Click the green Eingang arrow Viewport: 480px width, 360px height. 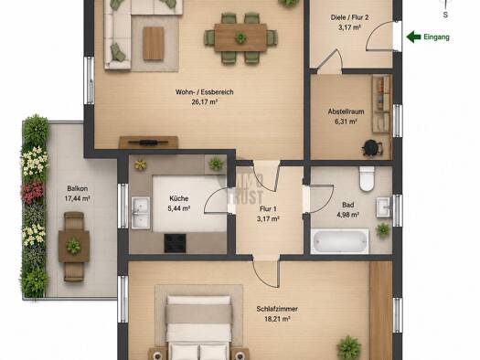point(413,37)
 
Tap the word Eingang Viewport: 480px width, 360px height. point(436,37)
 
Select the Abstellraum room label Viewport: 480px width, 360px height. point(346,111)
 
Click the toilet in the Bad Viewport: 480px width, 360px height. point(367,179)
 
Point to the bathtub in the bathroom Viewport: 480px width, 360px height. point(340,241)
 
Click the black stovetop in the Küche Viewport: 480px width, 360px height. point(176,243)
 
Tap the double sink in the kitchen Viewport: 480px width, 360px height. point(141,213)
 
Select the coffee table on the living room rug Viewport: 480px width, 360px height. point(153,44)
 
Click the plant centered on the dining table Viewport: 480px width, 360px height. point(240,37)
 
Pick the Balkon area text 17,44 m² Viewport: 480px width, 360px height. point(77,198)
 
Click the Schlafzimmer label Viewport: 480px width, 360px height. point(277,309)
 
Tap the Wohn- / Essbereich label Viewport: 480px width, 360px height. point(205,92)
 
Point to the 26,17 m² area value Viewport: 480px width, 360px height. point(205,102)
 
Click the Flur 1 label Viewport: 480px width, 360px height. point(268,209)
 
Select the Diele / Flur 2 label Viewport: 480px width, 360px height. point(349,17)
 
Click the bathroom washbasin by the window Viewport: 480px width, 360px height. point(385,207)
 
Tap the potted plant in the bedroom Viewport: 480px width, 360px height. point(348,347)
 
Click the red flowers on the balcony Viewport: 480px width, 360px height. point(32,192)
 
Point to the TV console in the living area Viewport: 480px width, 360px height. point(148,143)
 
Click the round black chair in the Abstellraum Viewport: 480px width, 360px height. point(371,148)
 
